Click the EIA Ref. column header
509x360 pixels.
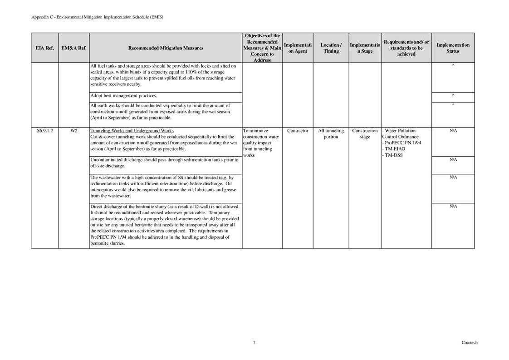[x=45, y=48]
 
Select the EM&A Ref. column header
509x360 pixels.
[x=74, y=48]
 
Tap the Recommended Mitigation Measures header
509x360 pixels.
[x=166, y=48]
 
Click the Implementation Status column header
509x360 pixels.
[x=452, y=48]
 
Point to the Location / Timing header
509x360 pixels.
[x=331, y=48]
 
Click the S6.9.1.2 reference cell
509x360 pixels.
[x=45, y=131]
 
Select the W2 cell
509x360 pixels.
[x=74, y=131]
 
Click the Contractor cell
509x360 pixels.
[x=298, y=131]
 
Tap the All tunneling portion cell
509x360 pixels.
[x=331, y=133]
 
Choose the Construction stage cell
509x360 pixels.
[x=365, y=133]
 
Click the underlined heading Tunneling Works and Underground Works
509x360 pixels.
[x=132, y=131]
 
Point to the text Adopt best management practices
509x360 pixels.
[x=124, y=96]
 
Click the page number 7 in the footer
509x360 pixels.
[x=254, y=343]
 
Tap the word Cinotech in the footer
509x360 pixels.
[x=469, y=343]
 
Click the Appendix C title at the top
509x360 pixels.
[x=97, y=17]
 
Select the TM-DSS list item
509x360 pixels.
[x=394, y=155]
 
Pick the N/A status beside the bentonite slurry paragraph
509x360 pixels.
[x=453, y=206]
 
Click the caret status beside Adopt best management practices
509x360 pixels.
[x=453, y=95]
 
